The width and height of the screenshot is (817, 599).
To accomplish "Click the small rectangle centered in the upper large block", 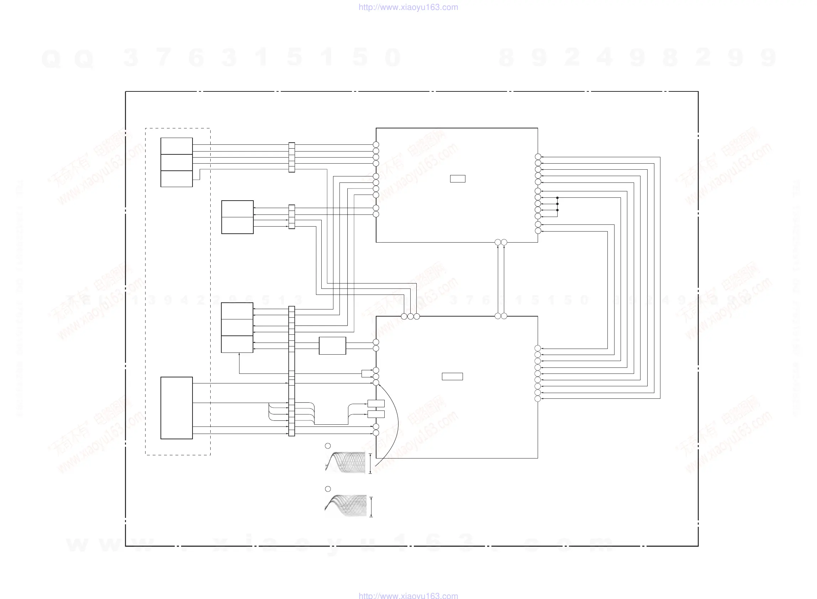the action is tap(457, 179).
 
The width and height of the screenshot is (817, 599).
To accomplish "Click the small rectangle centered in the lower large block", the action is tap(452, 376).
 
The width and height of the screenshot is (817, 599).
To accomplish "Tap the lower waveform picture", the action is tap(345, 505).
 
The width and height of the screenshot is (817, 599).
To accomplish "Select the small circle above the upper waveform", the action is tap(328, 446).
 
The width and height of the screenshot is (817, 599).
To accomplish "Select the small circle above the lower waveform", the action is tap(328, 489).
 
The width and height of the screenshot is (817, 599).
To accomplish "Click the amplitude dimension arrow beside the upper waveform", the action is tap(370, 463).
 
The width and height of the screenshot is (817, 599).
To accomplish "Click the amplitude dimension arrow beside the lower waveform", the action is tap(371, 507).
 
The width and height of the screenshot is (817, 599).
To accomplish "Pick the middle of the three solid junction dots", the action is tap(557, 204).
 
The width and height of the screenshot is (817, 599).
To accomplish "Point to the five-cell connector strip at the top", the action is tap(291, 157).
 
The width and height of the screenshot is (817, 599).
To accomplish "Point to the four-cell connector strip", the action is tap(291, 217).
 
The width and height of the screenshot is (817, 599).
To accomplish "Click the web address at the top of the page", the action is tap(408, 7).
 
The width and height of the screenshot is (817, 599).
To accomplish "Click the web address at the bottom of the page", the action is tap(408, 595).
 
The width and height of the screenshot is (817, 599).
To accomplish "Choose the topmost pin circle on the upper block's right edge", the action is tap(538, 157).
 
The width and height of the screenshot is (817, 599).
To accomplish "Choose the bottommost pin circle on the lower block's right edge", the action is tap(538, 399).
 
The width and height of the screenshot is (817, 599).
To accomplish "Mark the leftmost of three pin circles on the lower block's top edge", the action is tap(404, 317).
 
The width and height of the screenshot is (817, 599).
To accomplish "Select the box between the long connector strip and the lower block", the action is tap(332, 345).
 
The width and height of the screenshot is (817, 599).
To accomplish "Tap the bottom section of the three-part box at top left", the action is tap(176, 179).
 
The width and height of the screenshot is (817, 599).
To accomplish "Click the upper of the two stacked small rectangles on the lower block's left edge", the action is tap(376, 403).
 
